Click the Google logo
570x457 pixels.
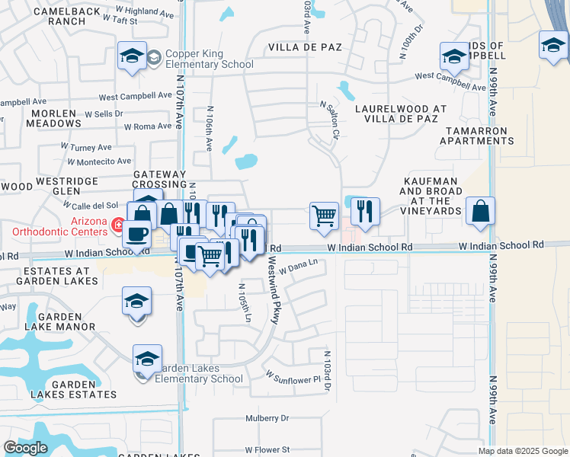point(25,448)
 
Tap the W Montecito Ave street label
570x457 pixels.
point(99,161)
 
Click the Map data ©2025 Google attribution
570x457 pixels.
point(524,451)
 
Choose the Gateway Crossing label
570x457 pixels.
point(159,179)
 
